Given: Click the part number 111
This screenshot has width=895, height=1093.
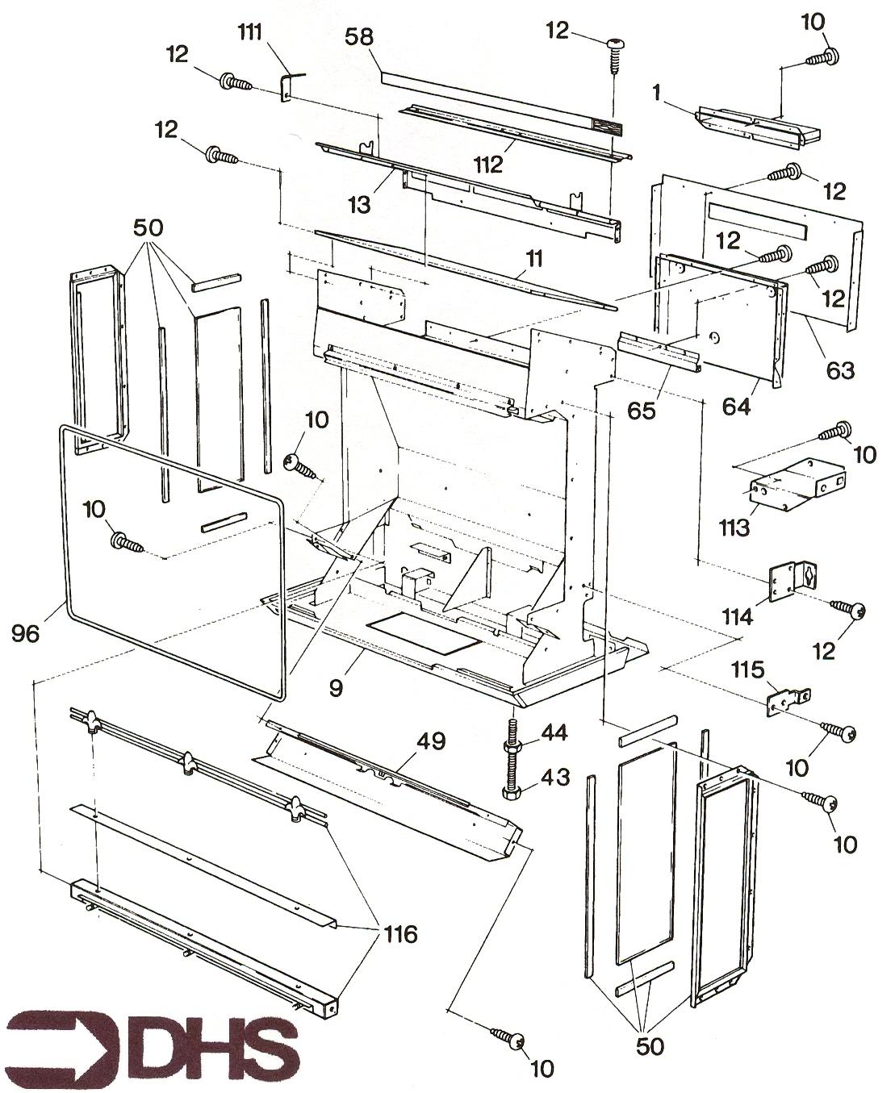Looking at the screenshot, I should point(253,33).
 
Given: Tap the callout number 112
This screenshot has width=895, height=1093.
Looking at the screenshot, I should point(489,164).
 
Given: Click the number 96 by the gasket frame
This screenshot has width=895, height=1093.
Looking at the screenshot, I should point(26,634).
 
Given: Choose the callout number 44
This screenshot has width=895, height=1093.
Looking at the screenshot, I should point(554,733).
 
